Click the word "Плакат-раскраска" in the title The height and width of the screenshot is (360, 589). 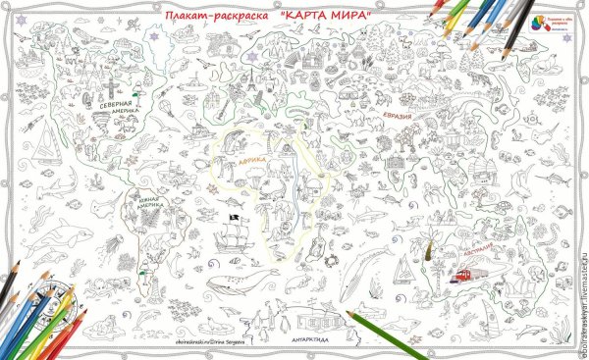(x=217, y=16)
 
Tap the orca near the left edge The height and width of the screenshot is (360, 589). (x=59, y=232)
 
